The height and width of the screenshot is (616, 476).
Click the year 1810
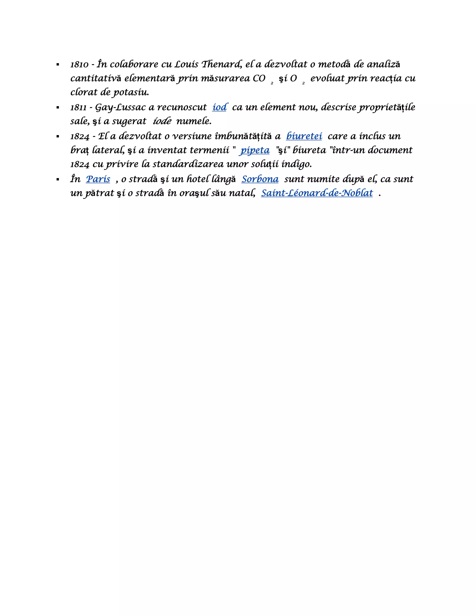click(x=79, y=65)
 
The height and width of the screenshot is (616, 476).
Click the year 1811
click(x=78, y=107)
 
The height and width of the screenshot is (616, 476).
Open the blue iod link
click(x=219, y=107)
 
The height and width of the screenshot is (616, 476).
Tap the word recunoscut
click(x=182, y=107)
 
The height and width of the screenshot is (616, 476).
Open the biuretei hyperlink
click(x=304, y=136)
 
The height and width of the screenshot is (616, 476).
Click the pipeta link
click(x=255, y=150)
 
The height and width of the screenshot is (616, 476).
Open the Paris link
click(x=98, y=179)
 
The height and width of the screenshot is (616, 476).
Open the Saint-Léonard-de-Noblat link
click(x=317, y=193)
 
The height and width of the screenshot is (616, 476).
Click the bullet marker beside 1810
click(x=58, y=65)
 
